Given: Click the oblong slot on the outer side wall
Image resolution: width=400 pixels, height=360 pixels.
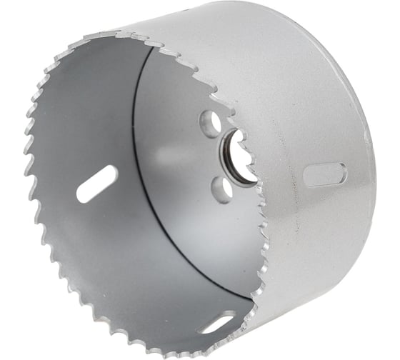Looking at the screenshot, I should coord(324,174).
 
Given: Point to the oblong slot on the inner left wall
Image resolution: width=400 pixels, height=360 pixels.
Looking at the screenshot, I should coord(97,184).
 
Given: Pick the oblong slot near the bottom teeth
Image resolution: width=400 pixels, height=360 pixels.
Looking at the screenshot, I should coord(217,323).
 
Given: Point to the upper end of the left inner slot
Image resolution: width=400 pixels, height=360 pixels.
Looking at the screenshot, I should coord(113,171).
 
